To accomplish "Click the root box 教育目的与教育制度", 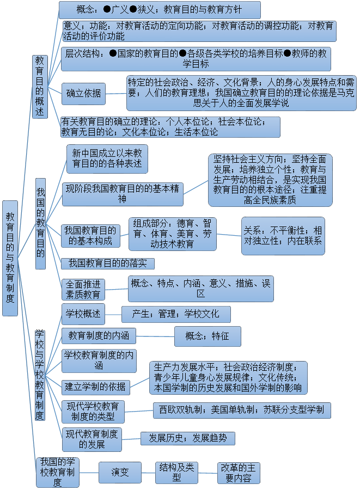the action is [x=10, y=258].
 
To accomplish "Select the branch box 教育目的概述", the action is [x=40, y=86].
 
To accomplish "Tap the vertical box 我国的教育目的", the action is [x=40, y=223].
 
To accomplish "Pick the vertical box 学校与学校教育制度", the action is [x=40, y=375].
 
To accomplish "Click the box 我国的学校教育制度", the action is [x=58, y=472].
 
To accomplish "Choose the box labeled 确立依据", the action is [x=83, y=94].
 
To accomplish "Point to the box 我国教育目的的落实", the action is [x=107, y=264].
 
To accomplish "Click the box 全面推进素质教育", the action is [x=83, y=290].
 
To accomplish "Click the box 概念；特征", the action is [x=207, y=336].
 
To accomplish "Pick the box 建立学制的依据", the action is [x=95, y=387].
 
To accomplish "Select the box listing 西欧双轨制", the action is [x=241, y=410].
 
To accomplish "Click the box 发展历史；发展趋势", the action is [x=187, y=438].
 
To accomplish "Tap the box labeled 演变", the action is [x=120, y=472].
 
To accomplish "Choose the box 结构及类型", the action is [x=176, y=472].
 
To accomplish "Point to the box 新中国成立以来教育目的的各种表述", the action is [x=107, y=158].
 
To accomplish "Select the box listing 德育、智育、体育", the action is [x=172, y=233].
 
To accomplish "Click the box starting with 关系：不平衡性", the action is [x=283, y=236].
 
